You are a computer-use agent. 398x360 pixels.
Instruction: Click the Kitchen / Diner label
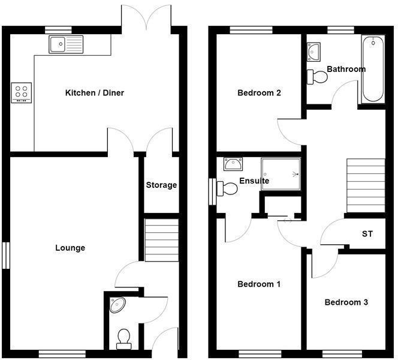click(x=94, y=93)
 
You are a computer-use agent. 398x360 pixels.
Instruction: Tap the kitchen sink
click(x=67, y=44)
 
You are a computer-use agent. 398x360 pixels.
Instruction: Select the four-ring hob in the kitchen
click(x=21, y=92)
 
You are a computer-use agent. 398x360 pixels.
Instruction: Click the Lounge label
click(x=70, y=248)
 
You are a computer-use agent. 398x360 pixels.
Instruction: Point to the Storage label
click(x=161, y=185)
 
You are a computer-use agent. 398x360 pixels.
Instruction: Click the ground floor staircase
click(x=162, y=240)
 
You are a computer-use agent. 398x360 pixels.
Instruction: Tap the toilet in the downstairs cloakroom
click(x=125, y=338)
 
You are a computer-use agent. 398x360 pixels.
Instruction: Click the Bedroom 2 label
click(x=260, y=93)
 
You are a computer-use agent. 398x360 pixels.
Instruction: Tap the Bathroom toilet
click(x=317, y=76)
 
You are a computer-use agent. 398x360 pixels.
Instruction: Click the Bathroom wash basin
click(x=314, y=53)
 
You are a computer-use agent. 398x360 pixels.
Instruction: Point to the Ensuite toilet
click(x=227, y=188)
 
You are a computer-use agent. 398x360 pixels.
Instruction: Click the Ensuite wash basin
click(x=232, y=164)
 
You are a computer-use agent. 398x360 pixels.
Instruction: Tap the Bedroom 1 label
click(x=259, y=284)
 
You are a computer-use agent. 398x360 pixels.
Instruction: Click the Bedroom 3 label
click(x=346, y=302)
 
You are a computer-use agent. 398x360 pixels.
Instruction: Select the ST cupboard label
click(x=367, y=233)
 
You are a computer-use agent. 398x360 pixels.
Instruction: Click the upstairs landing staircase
click(x=366, y=185)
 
